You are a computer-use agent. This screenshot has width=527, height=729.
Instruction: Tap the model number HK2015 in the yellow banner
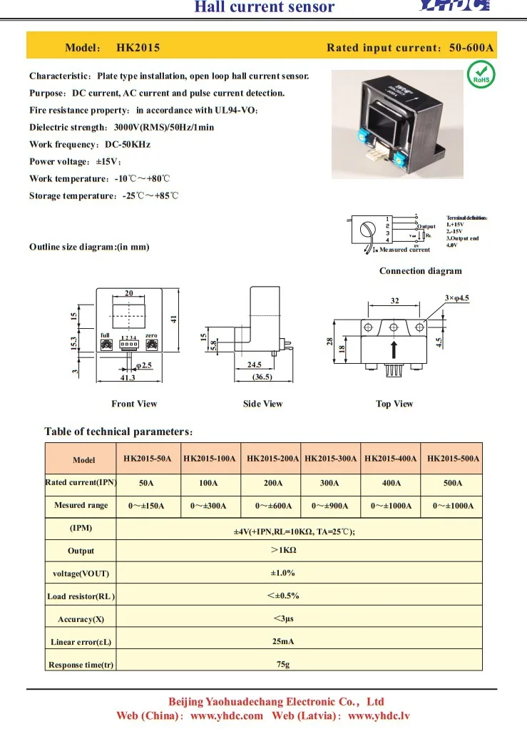(138, 48)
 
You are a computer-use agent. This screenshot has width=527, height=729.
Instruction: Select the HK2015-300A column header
(330, 459)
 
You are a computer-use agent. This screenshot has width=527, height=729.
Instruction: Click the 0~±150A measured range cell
(146, 506)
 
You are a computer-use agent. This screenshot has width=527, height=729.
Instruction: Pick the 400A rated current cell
(392, 483)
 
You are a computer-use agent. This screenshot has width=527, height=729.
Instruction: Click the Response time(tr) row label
(81, 665)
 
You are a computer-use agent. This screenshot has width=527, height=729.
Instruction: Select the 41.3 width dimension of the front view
(128, 377)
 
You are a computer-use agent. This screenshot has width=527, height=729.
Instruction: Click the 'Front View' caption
(134, 404)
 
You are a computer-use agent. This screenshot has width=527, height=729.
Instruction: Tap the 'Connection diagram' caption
(420, 271)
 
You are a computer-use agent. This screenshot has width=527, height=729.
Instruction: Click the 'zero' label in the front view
(151, 335)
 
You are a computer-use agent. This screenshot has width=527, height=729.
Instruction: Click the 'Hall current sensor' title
(265, 8)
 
